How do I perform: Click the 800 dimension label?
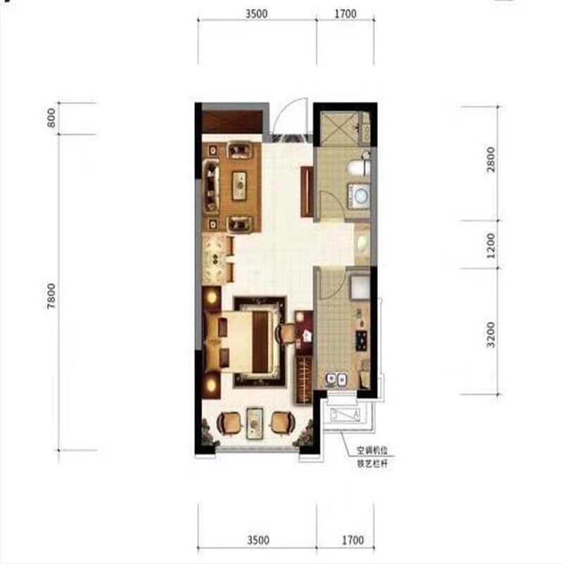click(x=51, y=117)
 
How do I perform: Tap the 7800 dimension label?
click(x=51, y=295)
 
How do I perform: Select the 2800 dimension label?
click(x=491, y=159)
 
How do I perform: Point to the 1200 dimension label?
click(x=491, y=245)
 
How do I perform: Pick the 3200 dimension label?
click(x=491, y=335)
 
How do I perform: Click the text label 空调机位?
click(x=372, y=450)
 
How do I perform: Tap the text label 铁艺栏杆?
click(x=372, y=463)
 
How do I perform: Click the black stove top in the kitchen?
click(x=362, y=340)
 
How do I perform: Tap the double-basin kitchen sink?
click(x=336, y=379)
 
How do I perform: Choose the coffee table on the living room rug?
click(x=239, y=185)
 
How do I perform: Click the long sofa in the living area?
click(x=211, y=186)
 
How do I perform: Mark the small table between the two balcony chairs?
click(x=255, y=423)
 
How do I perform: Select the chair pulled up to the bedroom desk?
click(x=286, y=334)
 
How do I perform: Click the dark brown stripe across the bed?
click(x=260, y=342)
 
